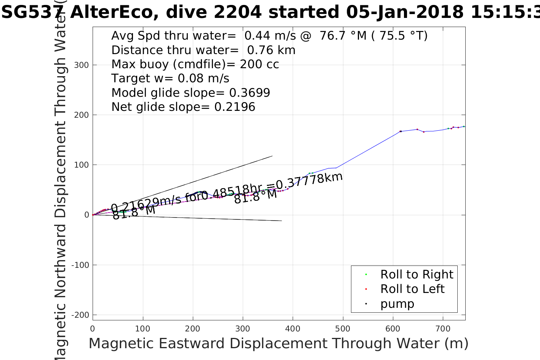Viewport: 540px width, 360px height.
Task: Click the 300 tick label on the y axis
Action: point(82,65)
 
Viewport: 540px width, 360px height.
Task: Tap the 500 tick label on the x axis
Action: point(343,329)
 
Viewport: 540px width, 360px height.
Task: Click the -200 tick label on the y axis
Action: point(80,315)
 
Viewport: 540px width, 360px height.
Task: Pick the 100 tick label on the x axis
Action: point(143,329)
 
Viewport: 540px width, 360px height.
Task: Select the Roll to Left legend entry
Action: point(412,289)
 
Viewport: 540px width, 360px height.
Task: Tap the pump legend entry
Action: point(397,304)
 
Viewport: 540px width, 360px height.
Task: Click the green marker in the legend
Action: point(366,274)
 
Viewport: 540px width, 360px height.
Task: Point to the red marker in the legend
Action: point(366,289)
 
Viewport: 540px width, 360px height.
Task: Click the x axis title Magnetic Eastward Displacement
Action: point(278,344)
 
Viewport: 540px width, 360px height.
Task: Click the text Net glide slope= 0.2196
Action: point(183,107)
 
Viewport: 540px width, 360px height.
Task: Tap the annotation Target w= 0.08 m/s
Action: point(170,78)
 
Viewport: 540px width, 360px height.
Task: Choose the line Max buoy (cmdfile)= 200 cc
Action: point(195,64)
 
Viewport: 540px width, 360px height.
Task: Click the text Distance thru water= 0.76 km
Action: point(203,50)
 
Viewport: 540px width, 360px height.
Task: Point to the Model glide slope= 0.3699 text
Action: point(191,93)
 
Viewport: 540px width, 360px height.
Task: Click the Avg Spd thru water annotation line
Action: point(269,35)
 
